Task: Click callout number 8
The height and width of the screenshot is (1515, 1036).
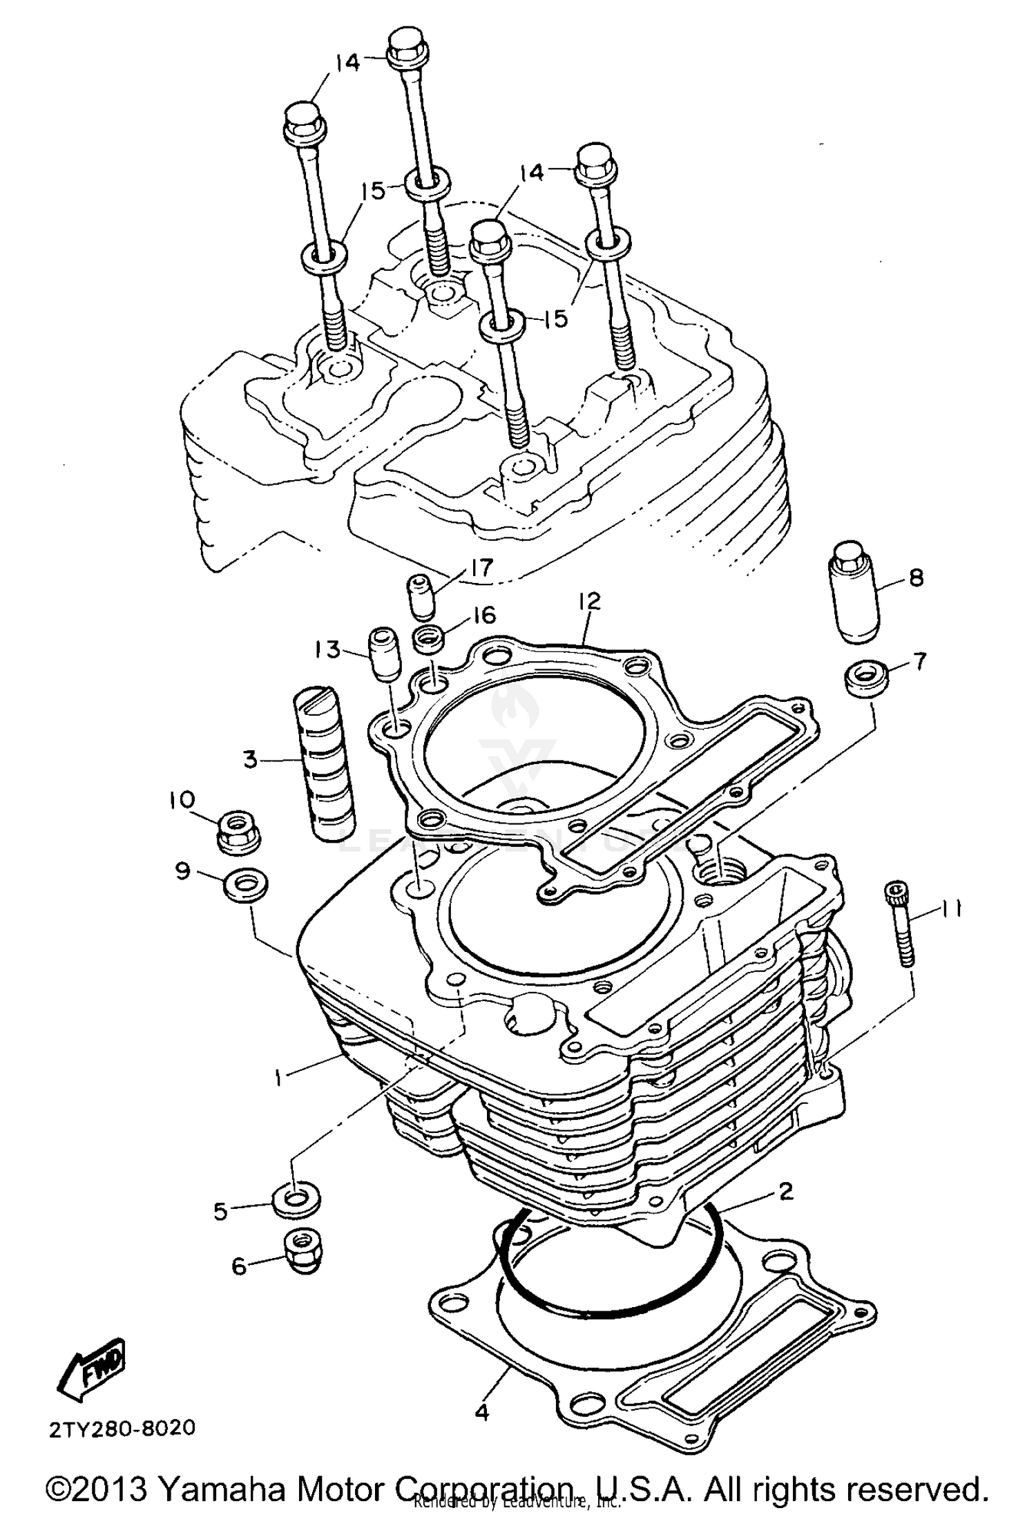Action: [917, 578]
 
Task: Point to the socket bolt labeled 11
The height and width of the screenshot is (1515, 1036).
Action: [898, 922]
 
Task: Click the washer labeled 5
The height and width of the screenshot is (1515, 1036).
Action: [297, 1203]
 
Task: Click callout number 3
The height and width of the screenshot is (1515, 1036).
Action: [250, 761]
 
